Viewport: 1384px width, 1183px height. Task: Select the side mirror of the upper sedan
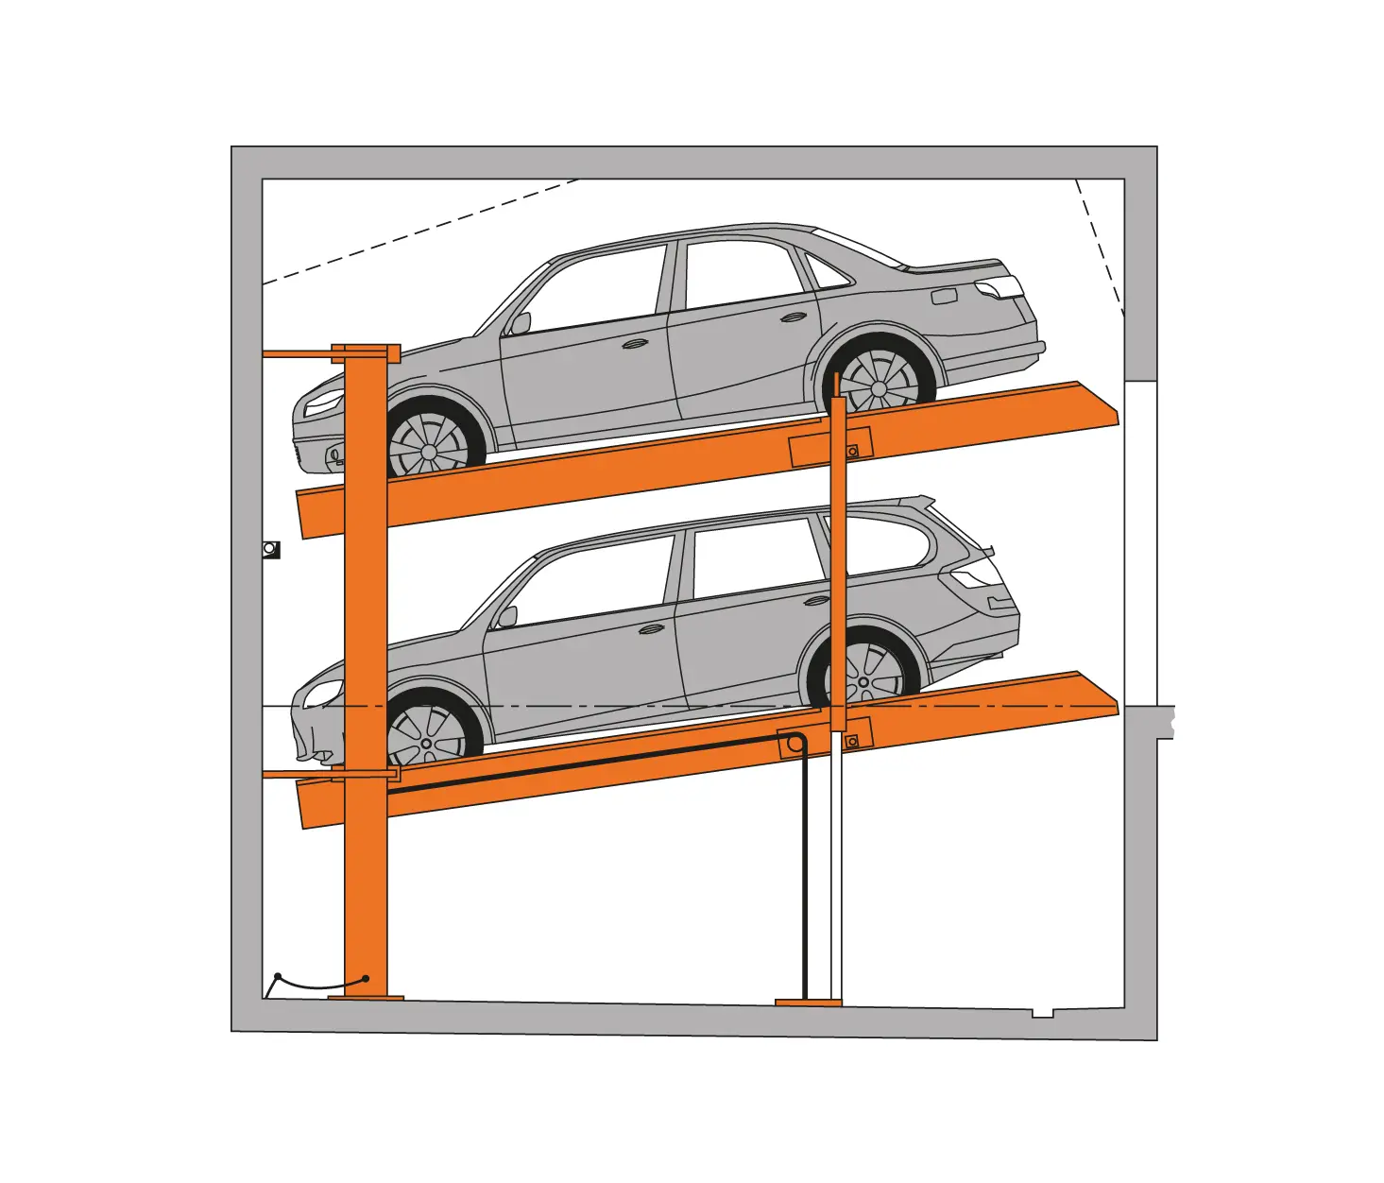coord(519,323)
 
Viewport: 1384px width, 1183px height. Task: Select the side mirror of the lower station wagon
coord(507,617)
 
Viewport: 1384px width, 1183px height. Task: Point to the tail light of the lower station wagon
coord(974,575)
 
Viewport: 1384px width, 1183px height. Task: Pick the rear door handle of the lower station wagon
coord(813,600)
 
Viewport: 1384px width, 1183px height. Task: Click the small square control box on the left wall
coord(271,549)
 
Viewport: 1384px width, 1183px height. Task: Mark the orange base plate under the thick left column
coord(366,997)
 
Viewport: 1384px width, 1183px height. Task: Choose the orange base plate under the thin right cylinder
coord(808,1002)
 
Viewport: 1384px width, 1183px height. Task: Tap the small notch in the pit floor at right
coord(1042,1013)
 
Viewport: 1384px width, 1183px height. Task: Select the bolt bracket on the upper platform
coord(853,451)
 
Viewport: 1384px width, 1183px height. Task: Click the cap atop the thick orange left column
coord(366,353)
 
